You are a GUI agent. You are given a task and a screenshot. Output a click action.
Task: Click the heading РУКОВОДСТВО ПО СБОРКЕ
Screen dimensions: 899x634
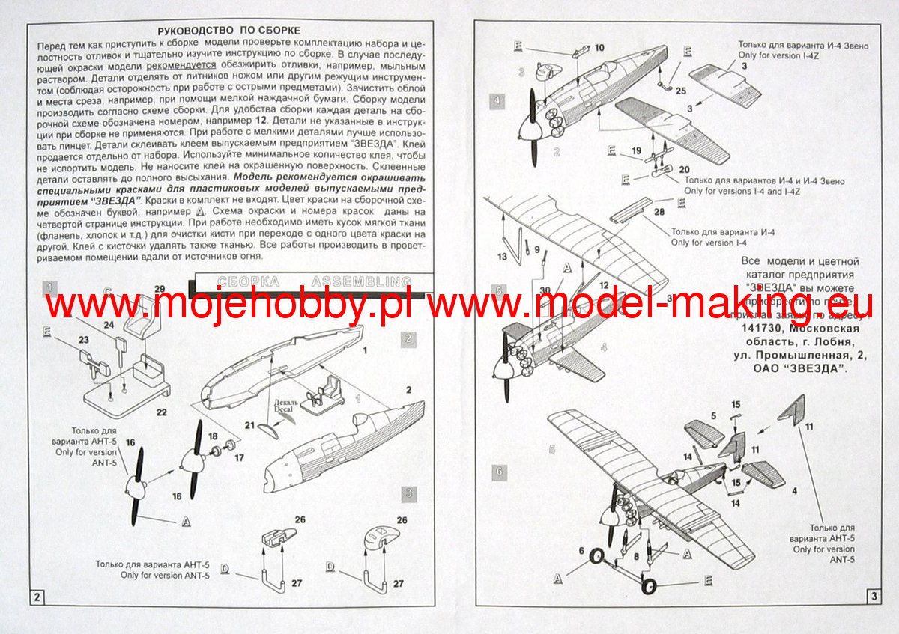228,30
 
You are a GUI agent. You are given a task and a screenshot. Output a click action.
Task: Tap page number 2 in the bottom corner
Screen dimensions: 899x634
36,597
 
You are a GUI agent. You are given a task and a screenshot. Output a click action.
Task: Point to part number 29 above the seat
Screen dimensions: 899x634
159,290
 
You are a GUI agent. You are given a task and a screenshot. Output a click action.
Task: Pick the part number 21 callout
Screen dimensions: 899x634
249,424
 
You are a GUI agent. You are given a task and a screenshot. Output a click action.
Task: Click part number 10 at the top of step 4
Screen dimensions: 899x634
599,48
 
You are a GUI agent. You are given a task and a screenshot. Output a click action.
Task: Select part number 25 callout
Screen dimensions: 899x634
680,91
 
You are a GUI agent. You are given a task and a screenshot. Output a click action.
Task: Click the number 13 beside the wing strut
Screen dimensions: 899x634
501,257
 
